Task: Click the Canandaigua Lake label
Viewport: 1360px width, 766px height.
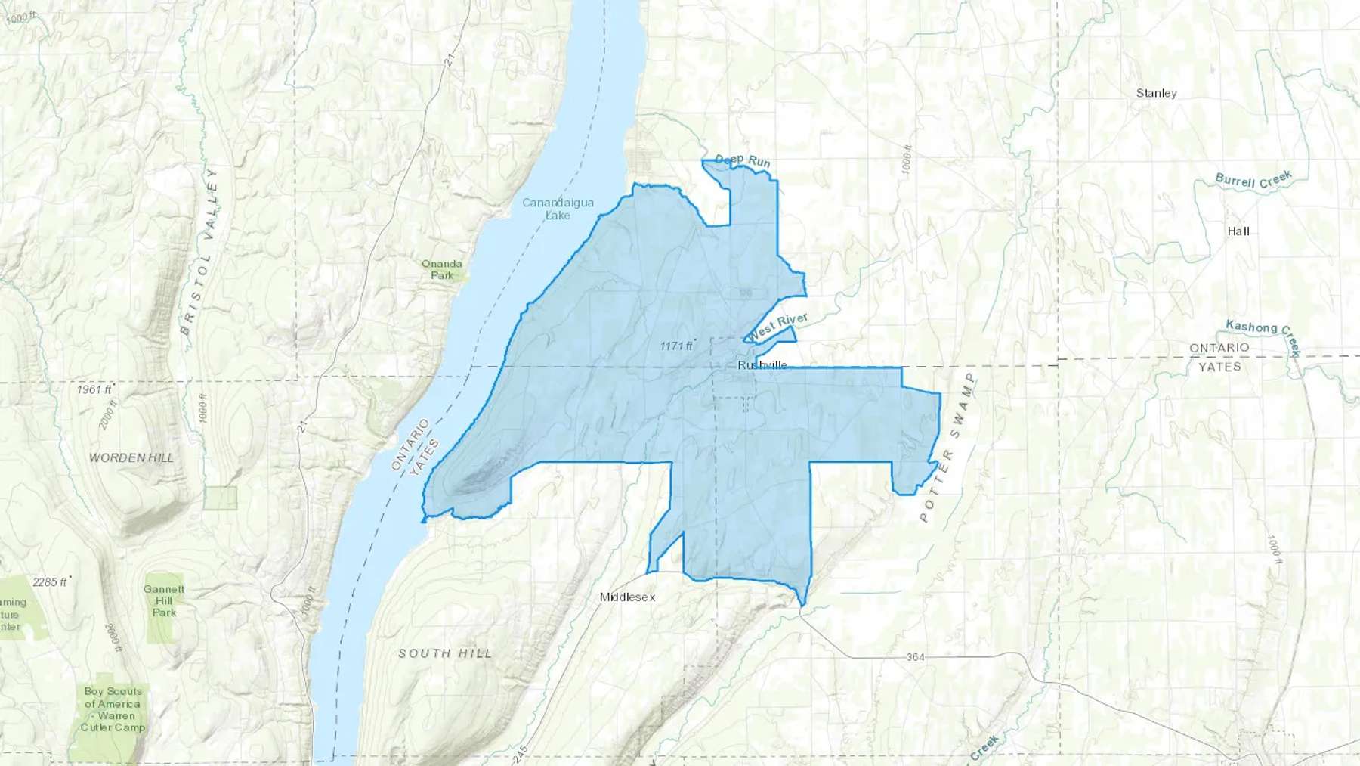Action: (x=558, y=209)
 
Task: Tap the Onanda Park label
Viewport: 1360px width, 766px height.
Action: (x=442, y=269)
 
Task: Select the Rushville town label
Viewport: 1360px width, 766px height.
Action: (x=762, y=365)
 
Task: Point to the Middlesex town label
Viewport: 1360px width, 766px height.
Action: (x=627, y=597)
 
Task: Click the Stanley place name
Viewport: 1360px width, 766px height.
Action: (x=1156, y=93)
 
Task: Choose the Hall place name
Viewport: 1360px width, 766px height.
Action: (x=1238, y=231)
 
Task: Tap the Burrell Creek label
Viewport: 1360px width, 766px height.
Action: (x=1253, y=180)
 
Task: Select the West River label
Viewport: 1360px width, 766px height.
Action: (x=778, y=326)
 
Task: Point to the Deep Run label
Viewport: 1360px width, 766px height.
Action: (x=743, y=160)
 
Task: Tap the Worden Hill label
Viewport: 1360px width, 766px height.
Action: (x=131, y=457)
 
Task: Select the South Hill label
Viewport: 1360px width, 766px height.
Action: (x=445, y=653)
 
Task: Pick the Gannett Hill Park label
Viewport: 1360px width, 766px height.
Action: (x=164, y=600)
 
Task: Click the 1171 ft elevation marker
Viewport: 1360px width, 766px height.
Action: (x=676, y=346)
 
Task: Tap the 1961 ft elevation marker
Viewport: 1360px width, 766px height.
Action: (x=94, y=389)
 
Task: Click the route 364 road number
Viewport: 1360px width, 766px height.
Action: (x=915, y=657)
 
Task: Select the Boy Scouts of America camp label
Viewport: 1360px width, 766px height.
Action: (x=113, y=709)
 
